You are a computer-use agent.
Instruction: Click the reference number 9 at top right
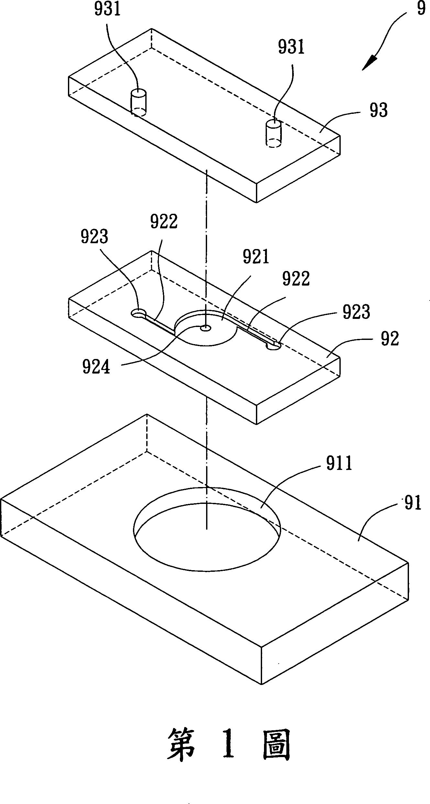(x=421, y=9)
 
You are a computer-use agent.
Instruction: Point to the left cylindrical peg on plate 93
(x=138, y=102)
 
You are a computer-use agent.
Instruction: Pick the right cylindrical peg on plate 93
(x=274, y=133)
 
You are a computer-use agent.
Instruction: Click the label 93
(x=379, y=111)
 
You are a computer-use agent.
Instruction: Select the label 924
(x=96, y=367)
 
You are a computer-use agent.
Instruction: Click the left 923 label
(x=94, y=237)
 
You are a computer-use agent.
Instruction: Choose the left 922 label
(x=164, y=222)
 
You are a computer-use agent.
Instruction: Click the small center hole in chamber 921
(x=205, y=328)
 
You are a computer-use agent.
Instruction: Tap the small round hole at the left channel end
(x=138, y=313)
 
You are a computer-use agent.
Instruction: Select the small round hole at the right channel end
(x=274, y=346)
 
